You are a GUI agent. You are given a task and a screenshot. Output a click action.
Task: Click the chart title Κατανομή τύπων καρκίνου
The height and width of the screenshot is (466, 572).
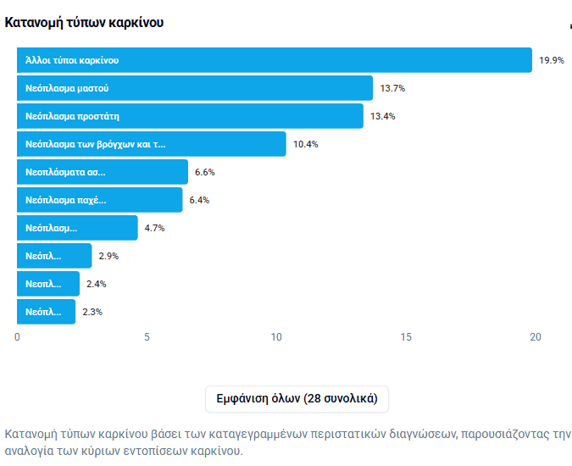pos(84,22)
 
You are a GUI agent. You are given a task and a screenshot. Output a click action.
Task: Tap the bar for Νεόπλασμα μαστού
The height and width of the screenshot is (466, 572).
pos(194,88)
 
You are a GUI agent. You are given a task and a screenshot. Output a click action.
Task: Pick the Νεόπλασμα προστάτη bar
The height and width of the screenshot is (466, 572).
pos(190,116)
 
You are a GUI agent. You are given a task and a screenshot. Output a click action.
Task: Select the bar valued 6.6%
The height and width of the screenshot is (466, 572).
pos(102,172)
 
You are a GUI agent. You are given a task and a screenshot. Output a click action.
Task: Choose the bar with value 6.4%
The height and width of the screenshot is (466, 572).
pos(99,200)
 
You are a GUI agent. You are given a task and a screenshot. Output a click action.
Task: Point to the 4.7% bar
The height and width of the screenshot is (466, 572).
pos(77,228)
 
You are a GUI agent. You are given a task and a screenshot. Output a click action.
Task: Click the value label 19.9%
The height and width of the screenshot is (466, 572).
pos(552,60)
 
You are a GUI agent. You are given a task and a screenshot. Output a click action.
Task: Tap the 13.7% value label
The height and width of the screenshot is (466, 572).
pos(393,88)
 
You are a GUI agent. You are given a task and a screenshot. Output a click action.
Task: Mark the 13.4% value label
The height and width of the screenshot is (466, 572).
pos(384,116)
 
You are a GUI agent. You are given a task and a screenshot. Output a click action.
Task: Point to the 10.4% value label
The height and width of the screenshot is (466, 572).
pos(306,144)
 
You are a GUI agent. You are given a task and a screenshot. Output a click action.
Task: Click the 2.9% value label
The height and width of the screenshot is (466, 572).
pos(108,256)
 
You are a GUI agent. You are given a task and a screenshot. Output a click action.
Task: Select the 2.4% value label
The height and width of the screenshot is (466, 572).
pos(96,284)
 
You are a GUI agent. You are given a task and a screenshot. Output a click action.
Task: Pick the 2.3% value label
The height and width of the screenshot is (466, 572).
pos(92,312)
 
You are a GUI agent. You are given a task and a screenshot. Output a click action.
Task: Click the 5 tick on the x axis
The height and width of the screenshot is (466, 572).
pos(147,337)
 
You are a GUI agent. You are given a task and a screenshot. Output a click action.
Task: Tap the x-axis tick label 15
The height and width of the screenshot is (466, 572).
pos(406,337)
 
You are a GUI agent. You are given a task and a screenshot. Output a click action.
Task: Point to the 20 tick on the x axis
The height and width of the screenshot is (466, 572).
pos(535,337)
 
